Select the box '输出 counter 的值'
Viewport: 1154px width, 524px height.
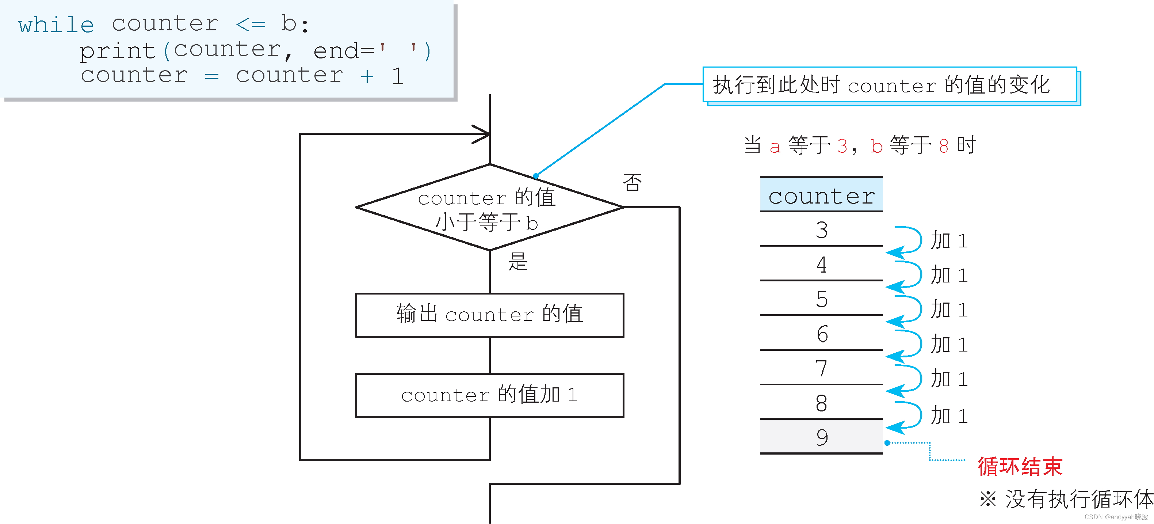(489, 315)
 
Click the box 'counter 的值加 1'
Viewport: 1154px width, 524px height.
(489, 395)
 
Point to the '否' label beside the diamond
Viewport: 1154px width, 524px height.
(632, 182)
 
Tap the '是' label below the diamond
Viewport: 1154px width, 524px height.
(518, 261)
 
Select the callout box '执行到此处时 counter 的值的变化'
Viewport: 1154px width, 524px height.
(889, 85)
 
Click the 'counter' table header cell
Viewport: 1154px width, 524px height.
(821, 195)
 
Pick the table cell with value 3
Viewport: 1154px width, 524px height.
(821, 230)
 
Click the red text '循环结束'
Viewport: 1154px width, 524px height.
(1020, 466)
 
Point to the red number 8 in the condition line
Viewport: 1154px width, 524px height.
(943, 146)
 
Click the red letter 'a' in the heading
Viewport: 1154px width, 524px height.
(775, 147)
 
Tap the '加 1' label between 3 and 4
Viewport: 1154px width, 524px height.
(949, 241)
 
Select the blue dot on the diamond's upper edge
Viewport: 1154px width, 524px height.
(536, 176)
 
